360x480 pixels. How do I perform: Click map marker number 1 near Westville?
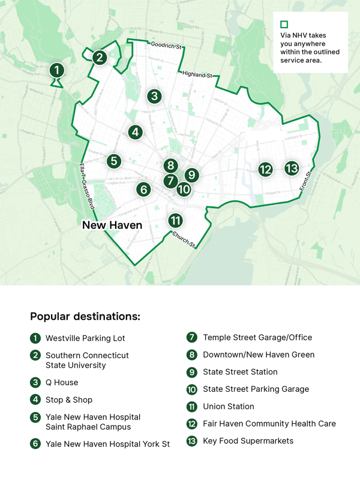point(56,70)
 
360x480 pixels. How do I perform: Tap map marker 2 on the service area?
point(100,58)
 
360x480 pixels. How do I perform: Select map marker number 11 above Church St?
point(175,220)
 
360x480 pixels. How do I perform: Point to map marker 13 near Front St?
point(292,168)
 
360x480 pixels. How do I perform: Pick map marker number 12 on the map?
point(265,169)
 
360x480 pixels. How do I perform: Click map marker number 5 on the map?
point(114,161)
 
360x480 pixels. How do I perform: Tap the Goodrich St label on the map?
point(166,45)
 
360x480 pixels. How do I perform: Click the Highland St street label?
point(197,75)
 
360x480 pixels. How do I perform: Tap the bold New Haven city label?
point(112,226)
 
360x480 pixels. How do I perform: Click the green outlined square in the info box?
point(284,25)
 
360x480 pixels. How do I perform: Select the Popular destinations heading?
point(85,316)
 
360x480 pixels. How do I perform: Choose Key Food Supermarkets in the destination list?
point(248,440)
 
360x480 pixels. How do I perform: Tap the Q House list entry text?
point(62,382)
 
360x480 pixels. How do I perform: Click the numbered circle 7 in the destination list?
point(192,338)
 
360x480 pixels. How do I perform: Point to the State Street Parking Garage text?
point(256,389)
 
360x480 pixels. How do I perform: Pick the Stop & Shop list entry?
point(69,400)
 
